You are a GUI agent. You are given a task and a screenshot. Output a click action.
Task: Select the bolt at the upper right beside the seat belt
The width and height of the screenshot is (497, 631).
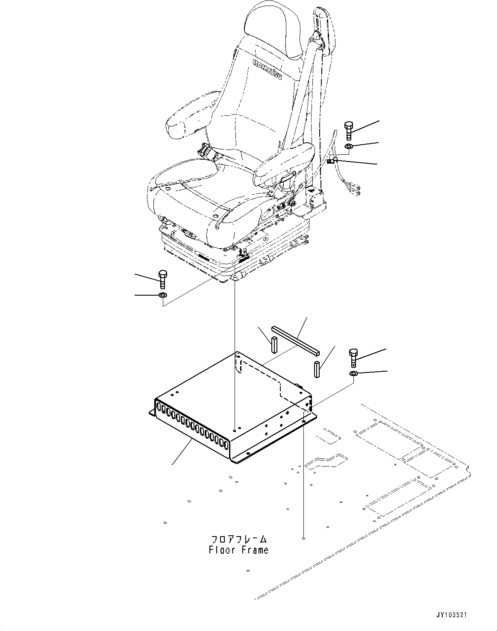point(348,130)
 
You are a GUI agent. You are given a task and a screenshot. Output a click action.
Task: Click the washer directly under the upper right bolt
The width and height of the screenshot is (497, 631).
point(349,147)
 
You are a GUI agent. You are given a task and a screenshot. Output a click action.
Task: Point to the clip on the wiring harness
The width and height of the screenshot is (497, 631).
point(331,161)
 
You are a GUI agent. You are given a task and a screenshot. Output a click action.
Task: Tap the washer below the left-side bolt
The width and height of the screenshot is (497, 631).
point(162,296)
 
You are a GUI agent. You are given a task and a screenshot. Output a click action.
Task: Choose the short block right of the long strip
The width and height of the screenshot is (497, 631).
point(317,369)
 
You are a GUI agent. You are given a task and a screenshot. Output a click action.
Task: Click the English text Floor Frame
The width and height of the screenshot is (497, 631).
point(238,550)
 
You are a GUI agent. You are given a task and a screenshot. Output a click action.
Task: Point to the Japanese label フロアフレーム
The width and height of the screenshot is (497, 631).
point(239,539)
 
